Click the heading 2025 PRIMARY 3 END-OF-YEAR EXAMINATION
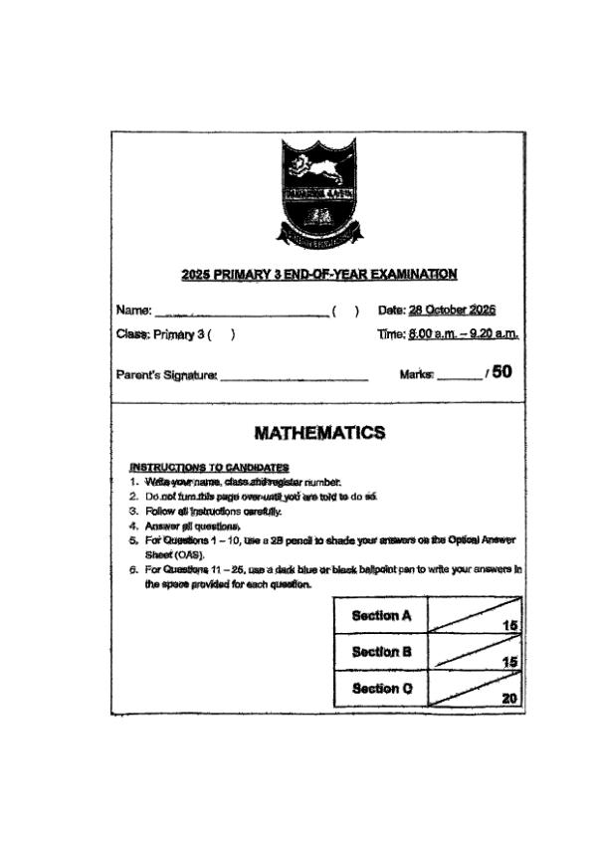(x=319, y=274)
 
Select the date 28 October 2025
(x=453, y=310)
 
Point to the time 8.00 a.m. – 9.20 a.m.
(x=463, y=334)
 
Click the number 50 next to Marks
(x=502, y=372)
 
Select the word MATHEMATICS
(x=319, y=433)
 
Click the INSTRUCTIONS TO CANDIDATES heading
(x=209, y=467)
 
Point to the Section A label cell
(x=381, y=616)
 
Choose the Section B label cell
(x=381, y=653)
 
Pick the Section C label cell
(x=381, y=689)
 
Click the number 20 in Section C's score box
(x=509, y=699)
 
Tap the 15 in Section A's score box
(x=510, y=626)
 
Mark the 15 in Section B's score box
(x=510, y=663)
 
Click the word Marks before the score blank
(x=416, y=374)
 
